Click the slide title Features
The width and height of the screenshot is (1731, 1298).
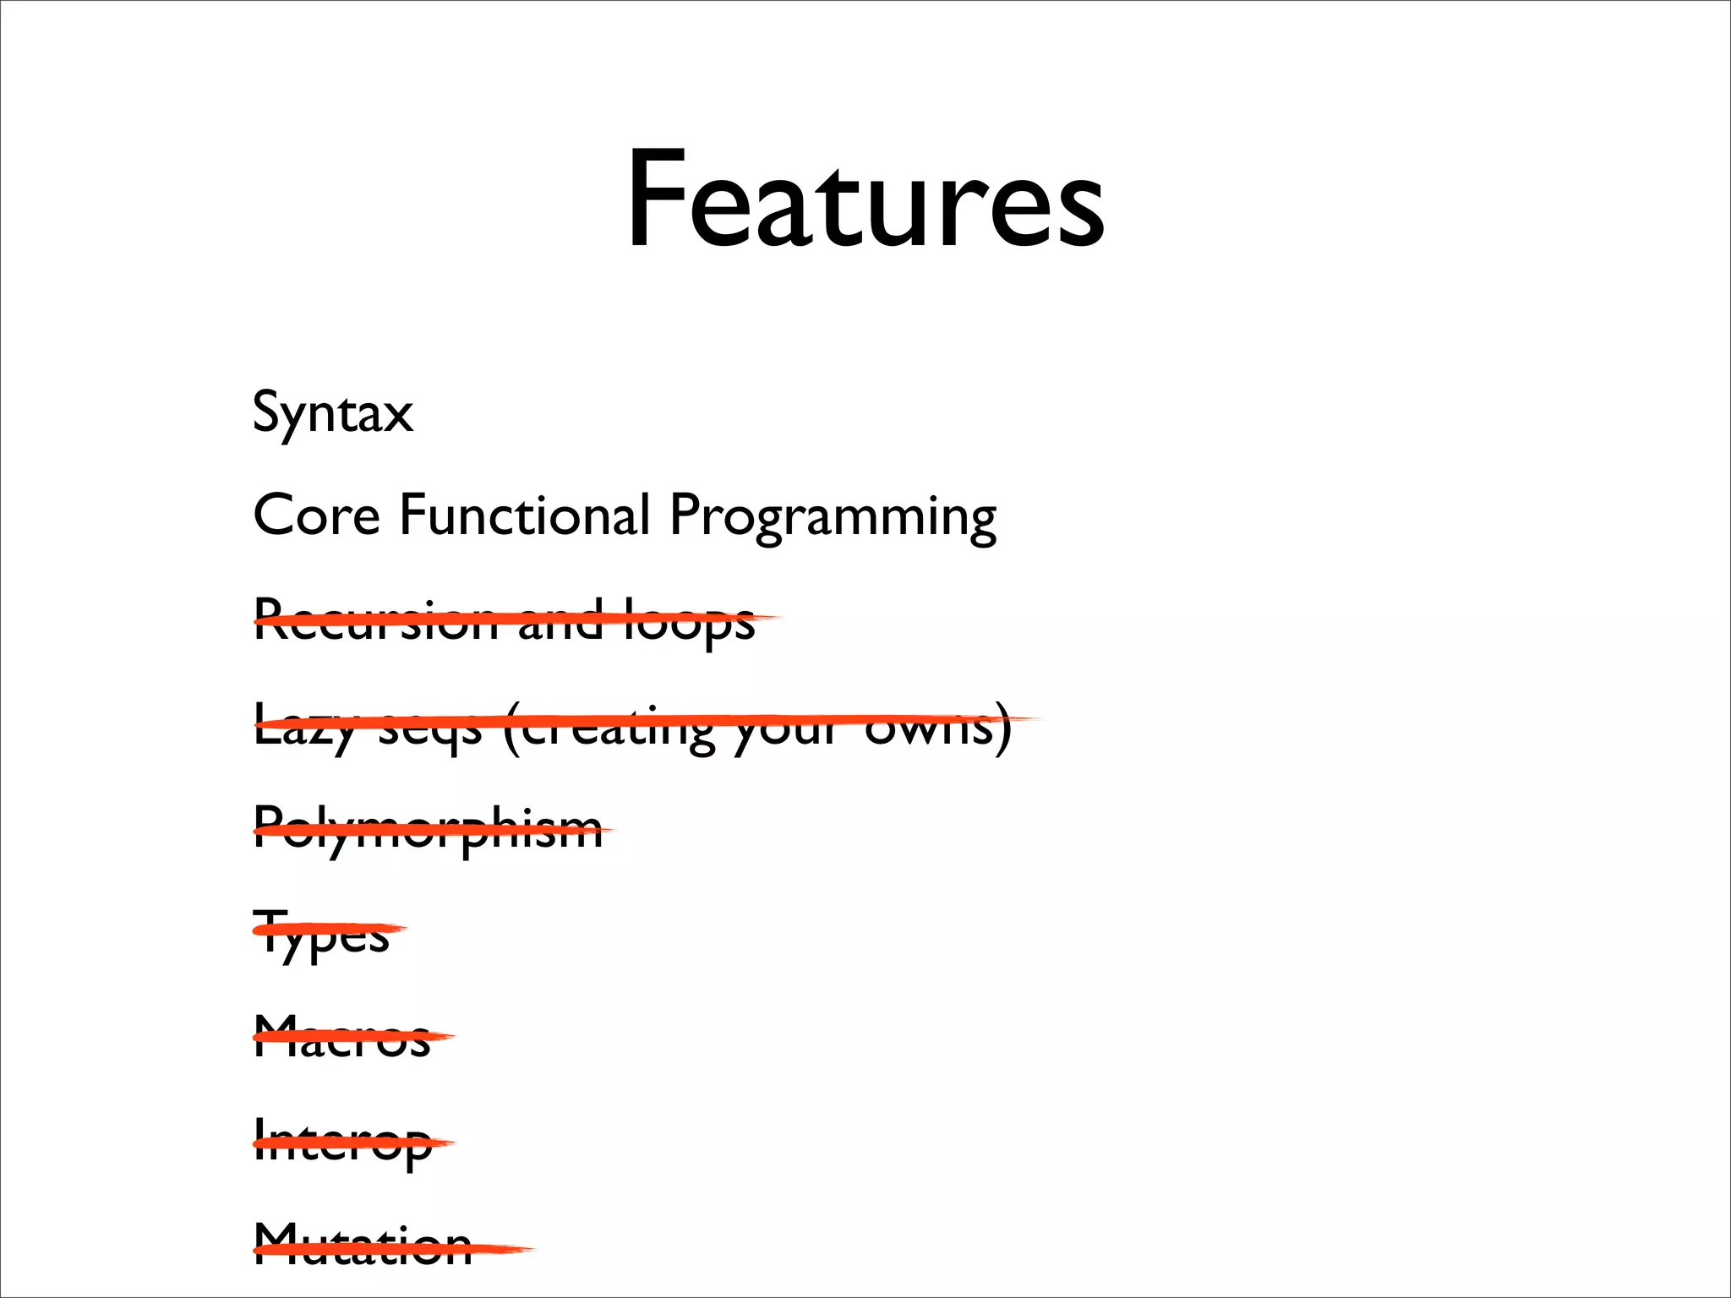tap(865, 201)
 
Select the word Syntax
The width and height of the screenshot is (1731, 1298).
tap(333, 413)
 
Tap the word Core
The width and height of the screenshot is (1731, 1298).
tap(316, 515)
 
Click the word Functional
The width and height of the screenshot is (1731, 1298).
tap(524, 515)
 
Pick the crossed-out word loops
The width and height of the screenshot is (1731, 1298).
tap(688, 622)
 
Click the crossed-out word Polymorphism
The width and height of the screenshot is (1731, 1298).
tap(428, 830)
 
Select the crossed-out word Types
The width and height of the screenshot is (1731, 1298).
tap(321, 934)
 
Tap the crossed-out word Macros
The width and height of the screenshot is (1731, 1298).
tap(342, 1038)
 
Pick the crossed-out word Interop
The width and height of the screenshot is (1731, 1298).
tap(342, 1143)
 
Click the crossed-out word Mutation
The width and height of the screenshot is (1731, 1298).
tap(363, 1246)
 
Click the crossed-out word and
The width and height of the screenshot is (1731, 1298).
tap(560, 620)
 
